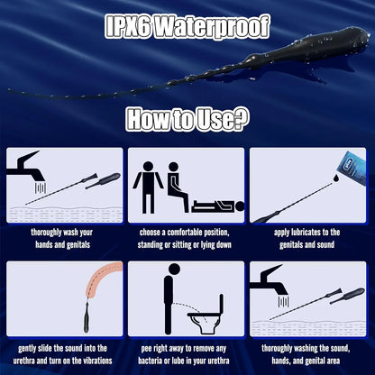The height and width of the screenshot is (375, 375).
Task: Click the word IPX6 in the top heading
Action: click(x=128, y=27)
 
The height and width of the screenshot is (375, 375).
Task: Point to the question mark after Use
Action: click(x=241, y=119)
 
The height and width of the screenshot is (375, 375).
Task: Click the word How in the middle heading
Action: click(x=148, y=119)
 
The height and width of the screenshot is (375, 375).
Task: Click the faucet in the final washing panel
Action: click(x=269, y=280)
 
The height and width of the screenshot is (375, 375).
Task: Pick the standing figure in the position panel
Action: click(x=148, y=187)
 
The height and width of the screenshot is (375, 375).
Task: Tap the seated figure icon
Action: click(x=178, y=187)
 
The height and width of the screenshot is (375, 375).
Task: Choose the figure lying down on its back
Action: click(x=217, y=206)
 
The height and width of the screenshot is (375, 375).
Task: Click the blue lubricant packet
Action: click(x=353, y=166)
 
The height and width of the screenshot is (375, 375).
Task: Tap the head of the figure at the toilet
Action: click(x=174, y=269)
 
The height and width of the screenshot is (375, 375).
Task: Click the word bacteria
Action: click(x=151, y=361)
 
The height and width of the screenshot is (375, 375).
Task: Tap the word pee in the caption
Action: click(x=146, y=349)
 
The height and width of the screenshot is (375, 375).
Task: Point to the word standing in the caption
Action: click(x=150, y=245)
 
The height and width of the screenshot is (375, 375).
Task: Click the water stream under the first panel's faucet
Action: click(x=41, y=187)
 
